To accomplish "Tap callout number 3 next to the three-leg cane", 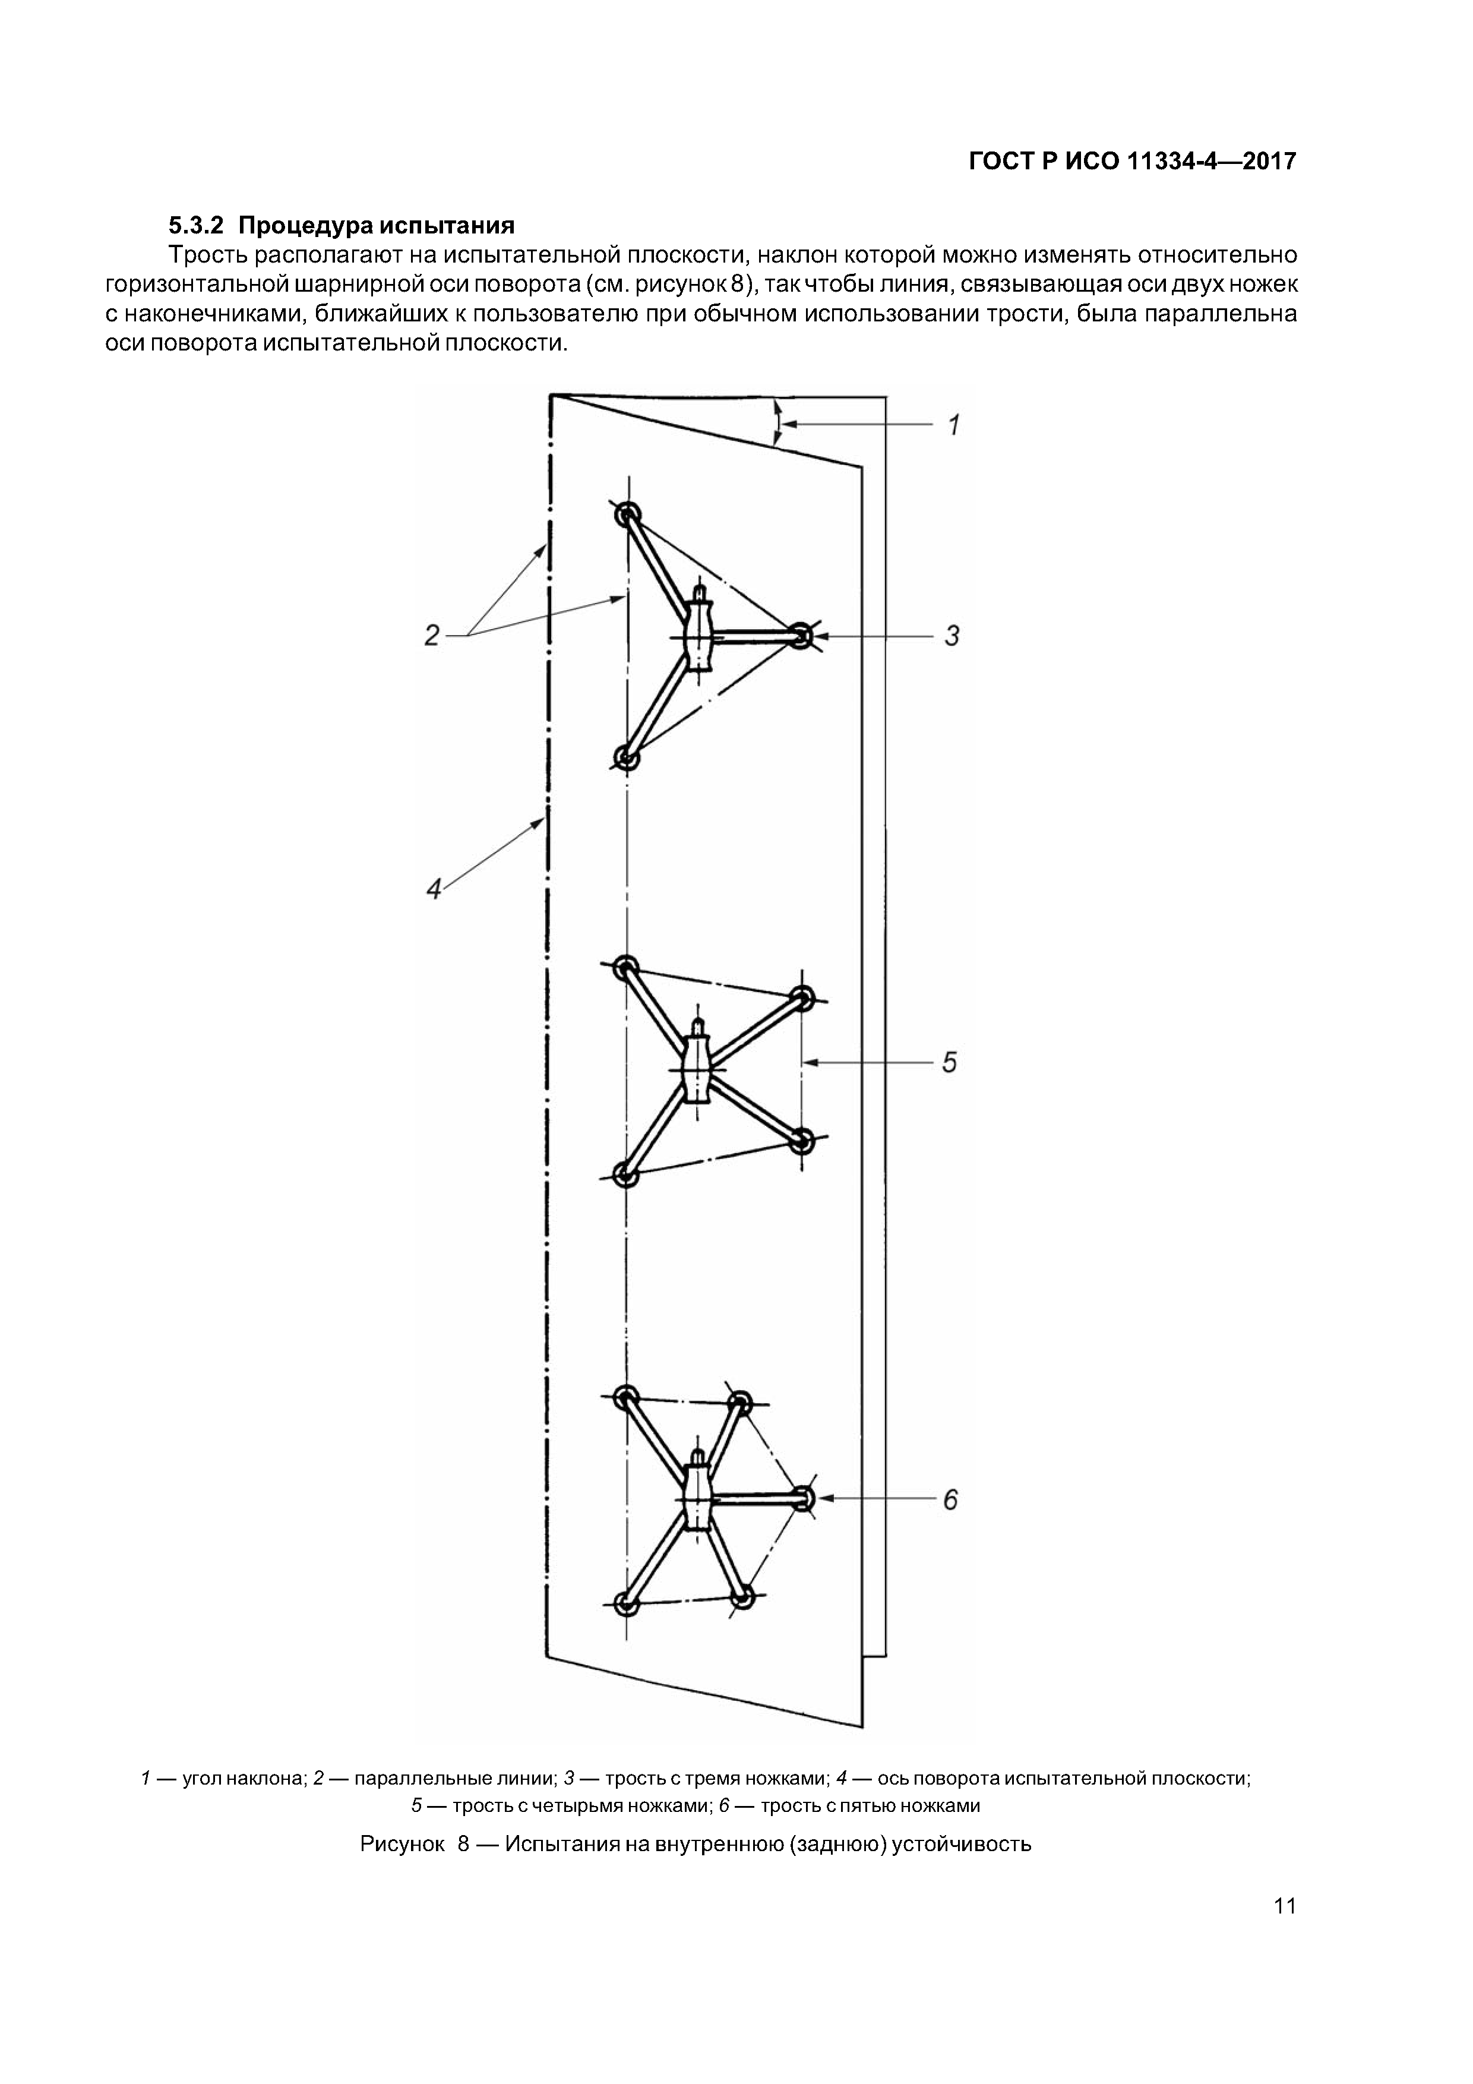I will [951, 636].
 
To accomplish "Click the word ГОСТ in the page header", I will [1000, 162].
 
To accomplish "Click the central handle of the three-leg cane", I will [697, 636].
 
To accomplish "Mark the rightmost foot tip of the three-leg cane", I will [799, 636].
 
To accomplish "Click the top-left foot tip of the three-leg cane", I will [626, 516].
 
